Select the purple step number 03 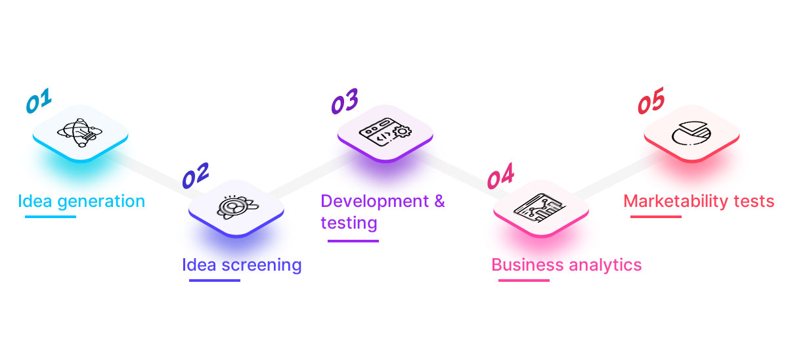pyautogui.click(x=344, y=102)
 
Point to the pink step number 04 pyautogui.click(x=500, y=177)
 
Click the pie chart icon pyautogui.click(x=691, y=133)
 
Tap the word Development pyautogui.click(x=376, y=200)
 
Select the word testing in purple pyautogui.click(x=349, y=223)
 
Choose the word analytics pyautogui.click(x=605, y=265)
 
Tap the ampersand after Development pyautogui.click(x=440, y=200)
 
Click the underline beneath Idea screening pyautogui.click(x=214, y=281)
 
